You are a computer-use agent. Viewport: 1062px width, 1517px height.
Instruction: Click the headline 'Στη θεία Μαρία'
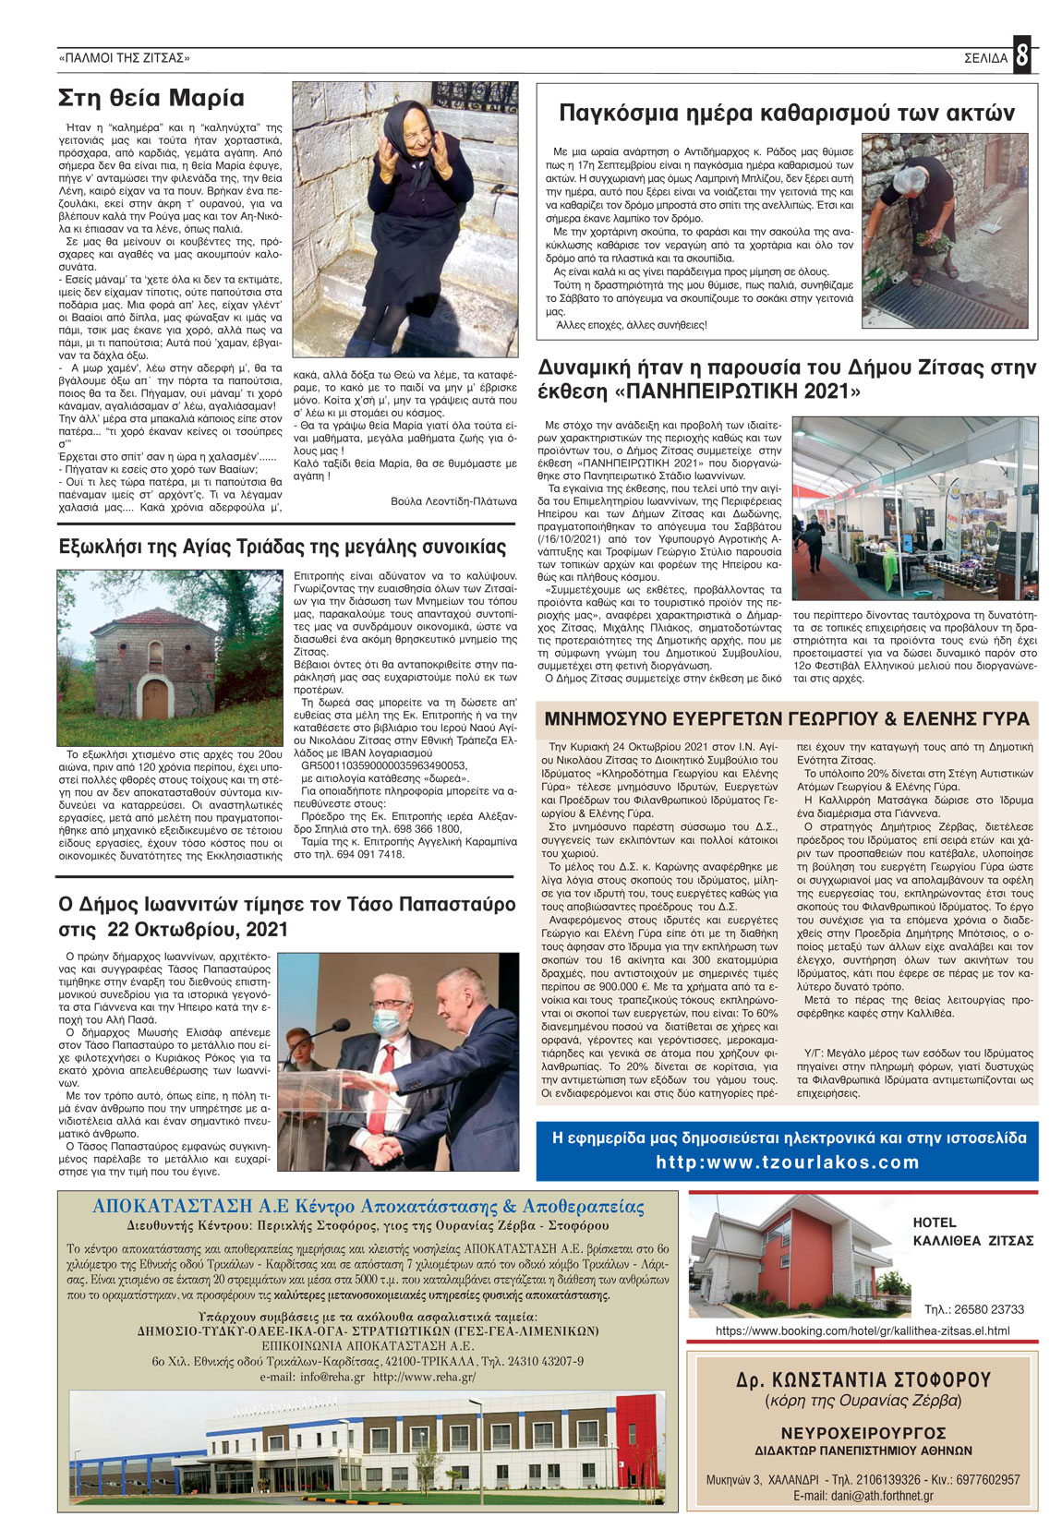[151, 99]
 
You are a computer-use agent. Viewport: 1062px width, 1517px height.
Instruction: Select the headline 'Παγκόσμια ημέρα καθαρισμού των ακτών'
[787, 114]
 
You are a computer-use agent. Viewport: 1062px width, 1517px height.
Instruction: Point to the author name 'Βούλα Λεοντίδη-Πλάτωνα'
[453, 501]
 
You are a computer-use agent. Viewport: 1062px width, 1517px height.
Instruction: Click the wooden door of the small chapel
[155, 700]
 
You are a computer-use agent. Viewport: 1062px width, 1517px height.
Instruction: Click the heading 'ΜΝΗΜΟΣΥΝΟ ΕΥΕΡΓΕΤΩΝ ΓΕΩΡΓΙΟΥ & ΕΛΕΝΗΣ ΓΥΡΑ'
[787, 719]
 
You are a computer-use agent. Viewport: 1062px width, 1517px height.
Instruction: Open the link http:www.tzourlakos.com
[788, 1162]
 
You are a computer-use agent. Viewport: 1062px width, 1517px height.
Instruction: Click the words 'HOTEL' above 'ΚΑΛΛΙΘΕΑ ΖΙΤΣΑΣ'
[934, 1222]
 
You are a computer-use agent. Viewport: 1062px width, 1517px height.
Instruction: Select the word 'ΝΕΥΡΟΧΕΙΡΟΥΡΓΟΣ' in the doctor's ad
[863, 1433]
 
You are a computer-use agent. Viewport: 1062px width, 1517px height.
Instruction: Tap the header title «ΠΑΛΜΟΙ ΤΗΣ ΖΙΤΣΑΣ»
[124, 58]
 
